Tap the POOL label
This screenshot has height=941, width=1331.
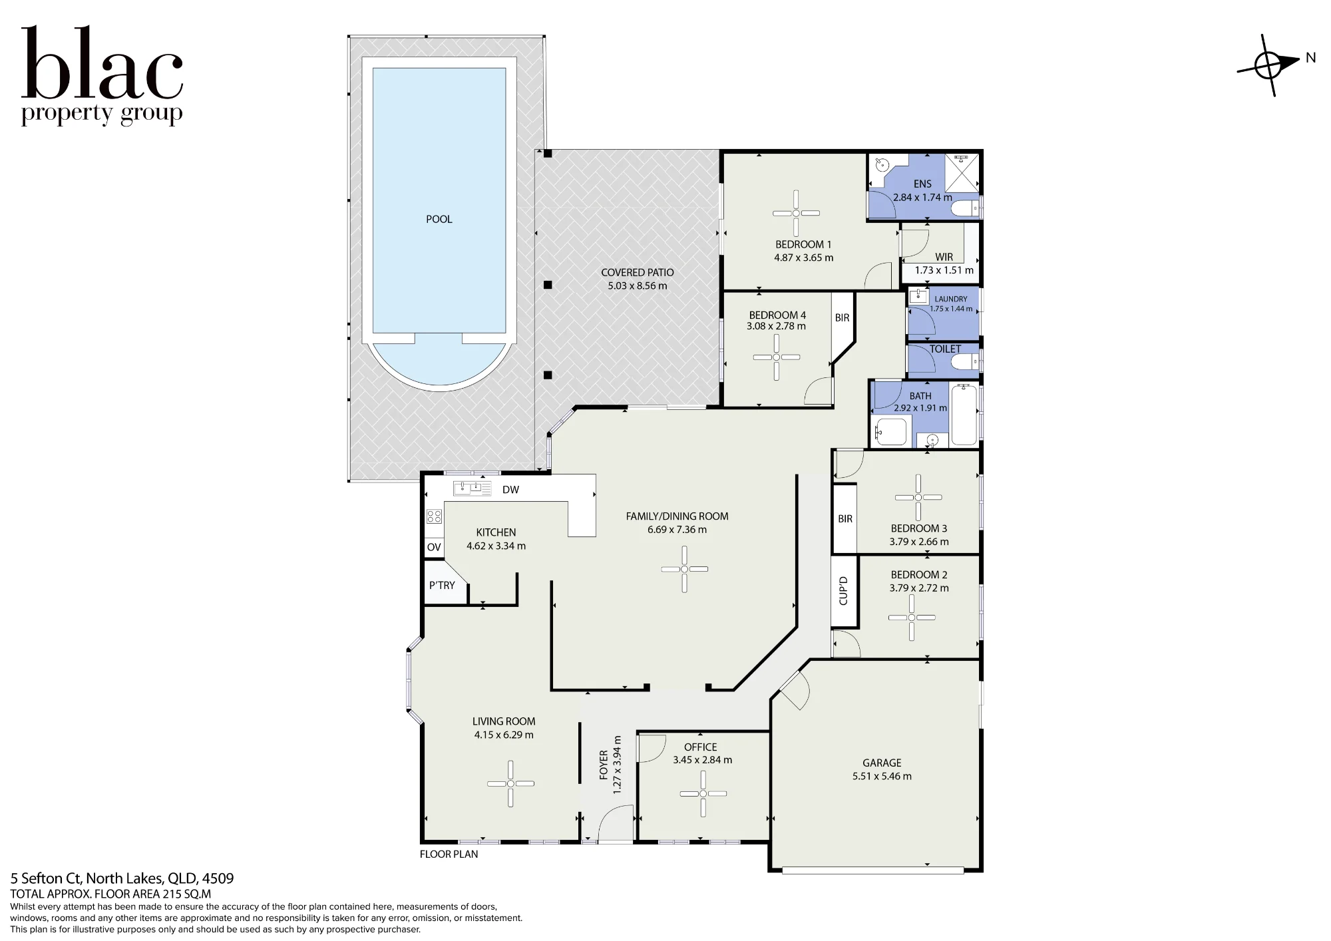click(x=439, y=219)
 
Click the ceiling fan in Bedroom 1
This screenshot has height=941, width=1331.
click(x=796, y=213)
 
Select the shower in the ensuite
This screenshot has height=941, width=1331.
click(x=962, y=172)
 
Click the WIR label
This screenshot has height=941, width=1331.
click(x=944, y=257)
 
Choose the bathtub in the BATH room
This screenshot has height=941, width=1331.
click(x=964, y=415)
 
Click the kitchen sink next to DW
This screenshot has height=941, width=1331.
click(x=472, y=488)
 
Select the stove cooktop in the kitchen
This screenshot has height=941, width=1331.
click(x=434, y=516)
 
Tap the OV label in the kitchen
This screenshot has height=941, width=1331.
click(x=434, y=547)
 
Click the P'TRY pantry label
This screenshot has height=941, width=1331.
click(x=442, y=585)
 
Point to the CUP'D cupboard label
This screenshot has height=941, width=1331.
click(x=843, y=590)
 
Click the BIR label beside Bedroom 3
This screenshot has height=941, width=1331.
click(x=845, y=518)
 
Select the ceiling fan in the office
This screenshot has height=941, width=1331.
click(x=703, y=793)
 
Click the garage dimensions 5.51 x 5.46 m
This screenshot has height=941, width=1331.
click(x=882, y=776)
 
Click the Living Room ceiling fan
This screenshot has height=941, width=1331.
click(x=510, y=784)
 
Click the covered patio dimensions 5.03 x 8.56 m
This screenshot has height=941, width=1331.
click(x=638, y=285)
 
